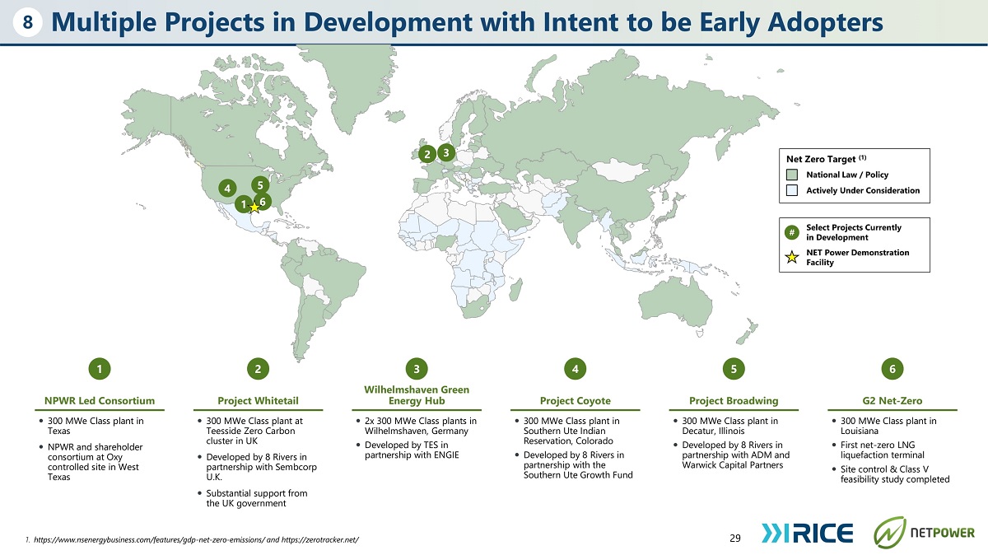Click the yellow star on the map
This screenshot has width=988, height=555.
(x=254, y=207)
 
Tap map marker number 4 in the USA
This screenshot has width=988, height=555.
(x=227, y=189)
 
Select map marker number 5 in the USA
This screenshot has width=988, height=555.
(x=260, y=184)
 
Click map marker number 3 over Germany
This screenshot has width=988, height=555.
(x=446, y=152)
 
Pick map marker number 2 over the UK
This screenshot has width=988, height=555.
(x=427, y=154)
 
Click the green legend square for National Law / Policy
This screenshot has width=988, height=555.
(x=792, y=175)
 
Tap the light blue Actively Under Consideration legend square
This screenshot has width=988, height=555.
(x=792, y=190)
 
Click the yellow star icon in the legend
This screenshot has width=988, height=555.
(x=792, y=257)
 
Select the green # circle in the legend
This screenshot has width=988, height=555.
(x=792, y=232)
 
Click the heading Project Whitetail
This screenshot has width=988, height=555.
(x=258, y=400)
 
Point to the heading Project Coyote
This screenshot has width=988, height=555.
(x=576, y=400)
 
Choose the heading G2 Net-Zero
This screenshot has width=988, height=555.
(x=892, y=400)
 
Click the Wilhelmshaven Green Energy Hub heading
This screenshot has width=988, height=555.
(x=417, y=395)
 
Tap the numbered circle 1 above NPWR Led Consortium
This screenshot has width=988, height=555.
(x=100, y=369)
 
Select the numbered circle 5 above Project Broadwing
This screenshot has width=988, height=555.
(x=734, y=369)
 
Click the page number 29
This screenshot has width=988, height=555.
(x=735, y=538)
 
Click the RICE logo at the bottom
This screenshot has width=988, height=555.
(x=807, y=533)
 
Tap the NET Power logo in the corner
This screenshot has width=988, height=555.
(x=924, y=533)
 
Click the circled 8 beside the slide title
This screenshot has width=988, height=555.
(x=27, y=22)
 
